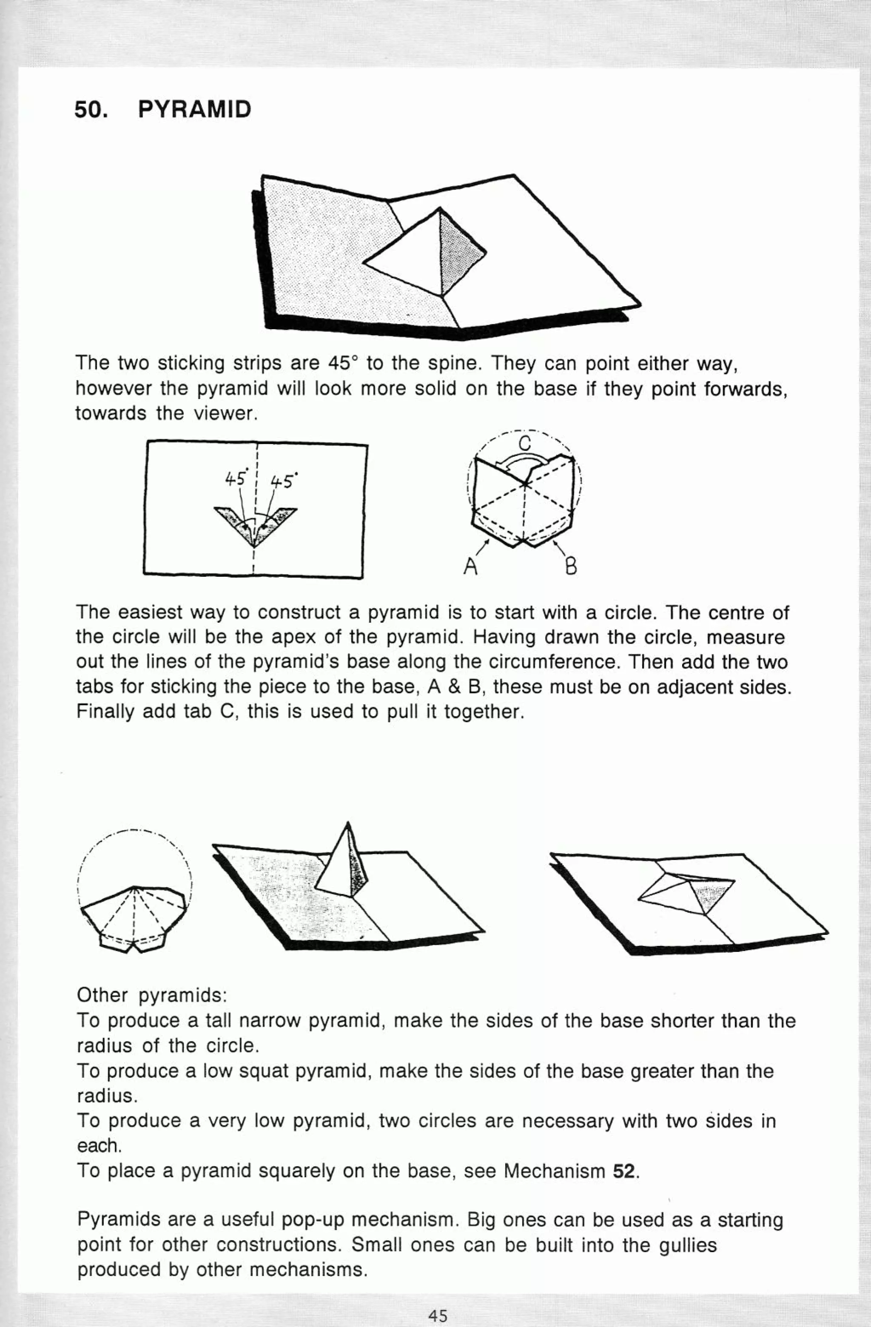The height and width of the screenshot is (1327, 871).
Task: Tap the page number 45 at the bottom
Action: (438, 1312)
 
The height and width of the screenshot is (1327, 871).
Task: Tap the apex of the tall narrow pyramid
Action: (348, 823)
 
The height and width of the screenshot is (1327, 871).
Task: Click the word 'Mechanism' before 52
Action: (554, 1171)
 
